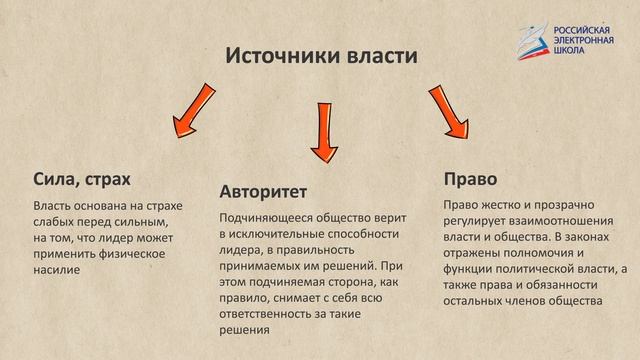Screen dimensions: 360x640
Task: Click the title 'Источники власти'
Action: (x=319, y=55)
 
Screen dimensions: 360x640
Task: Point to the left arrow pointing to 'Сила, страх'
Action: (x=192, y=113)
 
